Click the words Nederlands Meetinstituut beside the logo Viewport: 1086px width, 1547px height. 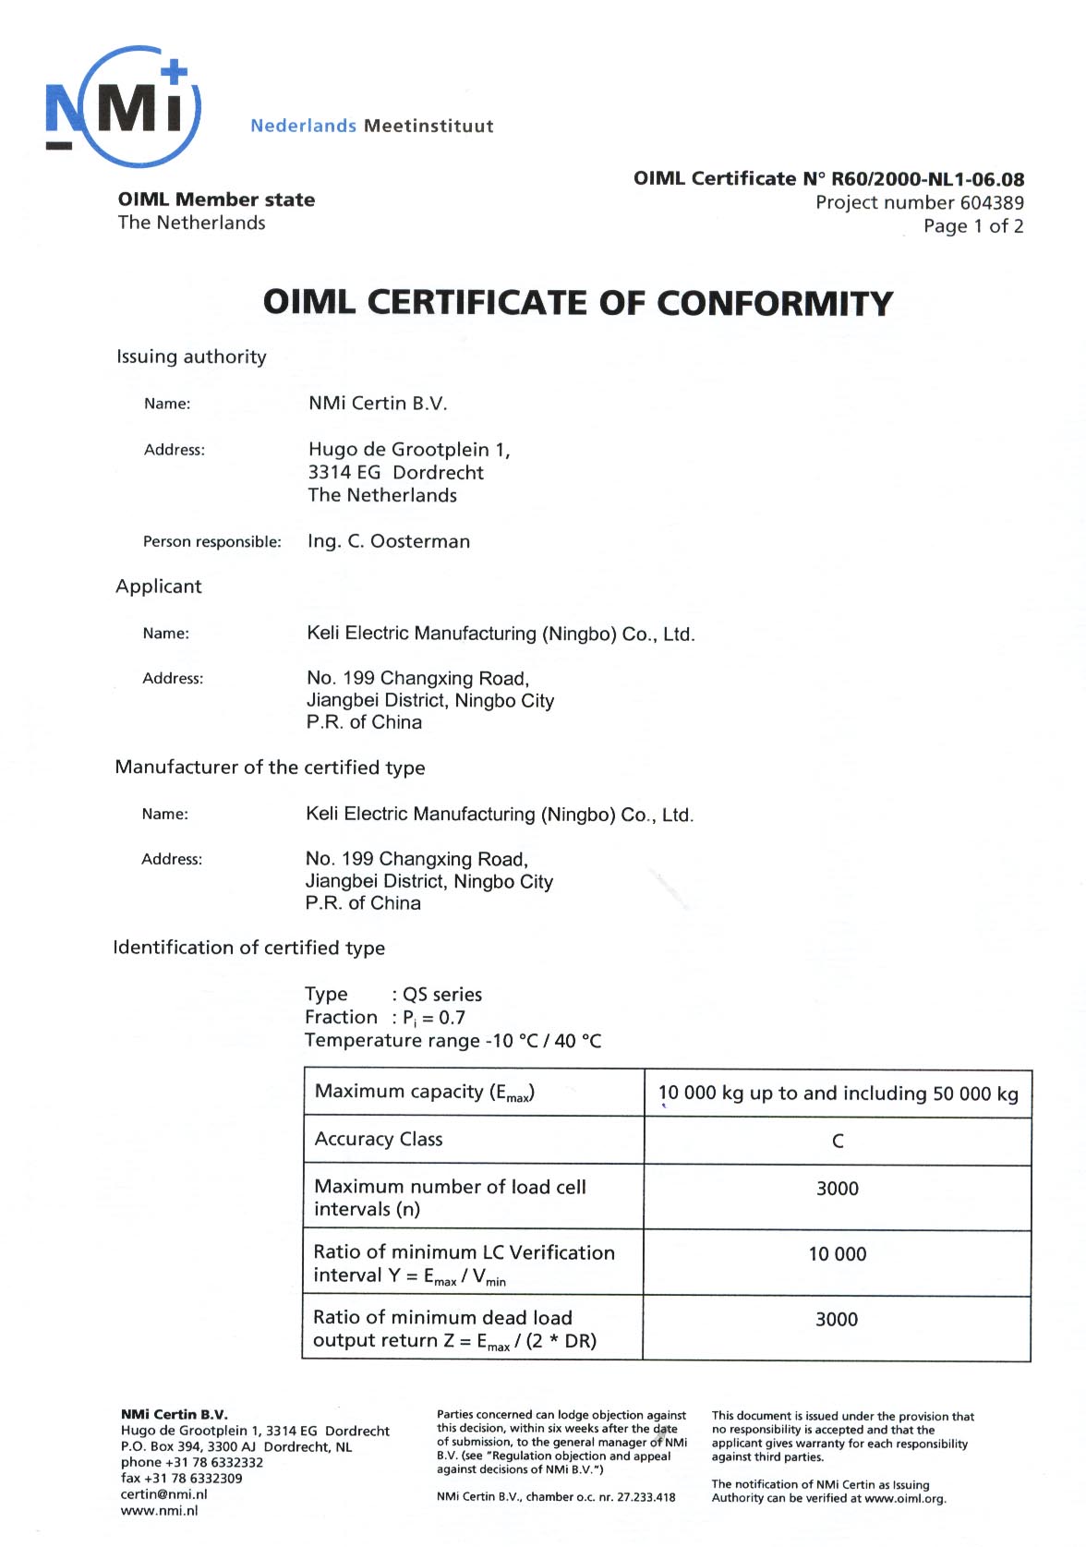371,126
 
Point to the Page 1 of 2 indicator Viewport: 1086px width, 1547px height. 973,226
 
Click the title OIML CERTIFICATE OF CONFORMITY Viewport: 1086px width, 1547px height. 578,303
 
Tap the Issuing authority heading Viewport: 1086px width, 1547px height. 191,357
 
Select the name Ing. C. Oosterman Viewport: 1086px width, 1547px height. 389,541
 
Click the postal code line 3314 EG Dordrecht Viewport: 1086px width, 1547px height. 395,472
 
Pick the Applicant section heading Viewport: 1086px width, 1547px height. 158,586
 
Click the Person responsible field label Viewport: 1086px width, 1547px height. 211,542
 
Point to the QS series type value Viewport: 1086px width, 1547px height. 442,995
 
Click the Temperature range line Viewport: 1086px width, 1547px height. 452,1041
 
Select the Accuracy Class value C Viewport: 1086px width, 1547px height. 838,1141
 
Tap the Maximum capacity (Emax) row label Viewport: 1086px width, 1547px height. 425,1093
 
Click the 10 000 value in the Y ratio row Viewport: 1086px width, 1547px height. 838,1254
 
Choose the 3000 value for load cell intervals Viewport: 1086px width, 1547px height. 838,1189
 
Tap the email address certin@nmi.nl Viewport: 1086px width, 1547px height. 163,1494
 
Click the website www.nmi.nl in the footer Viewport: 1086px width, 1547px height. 159,1511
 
